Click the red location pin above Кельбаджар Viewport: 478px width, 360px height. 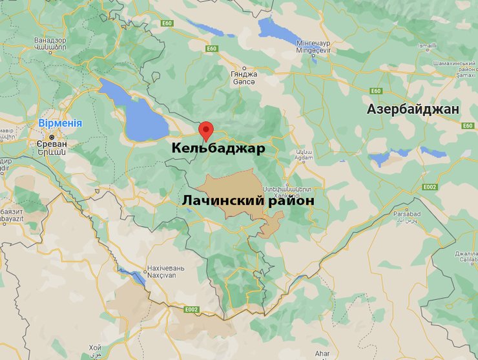[205, 129]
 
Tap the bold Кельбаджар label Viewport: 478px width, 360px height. [218, 149]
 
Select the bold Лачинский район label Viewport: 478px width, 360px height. [247, 201]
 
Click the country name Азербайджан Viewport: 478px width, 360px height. [413, 109]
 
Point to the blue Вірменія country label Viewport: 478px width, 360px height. [60, 123]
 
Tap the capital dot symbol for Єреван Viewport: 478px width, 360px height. [51, 136]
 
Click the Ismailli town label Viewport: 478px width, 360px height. [427, 47]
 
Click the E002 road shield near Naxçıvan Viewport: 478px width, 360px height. [191, 310]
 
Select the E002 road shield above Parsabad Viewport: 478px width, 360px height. [430, 187]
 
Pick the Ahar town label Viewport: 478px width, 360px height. [322, 353]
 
